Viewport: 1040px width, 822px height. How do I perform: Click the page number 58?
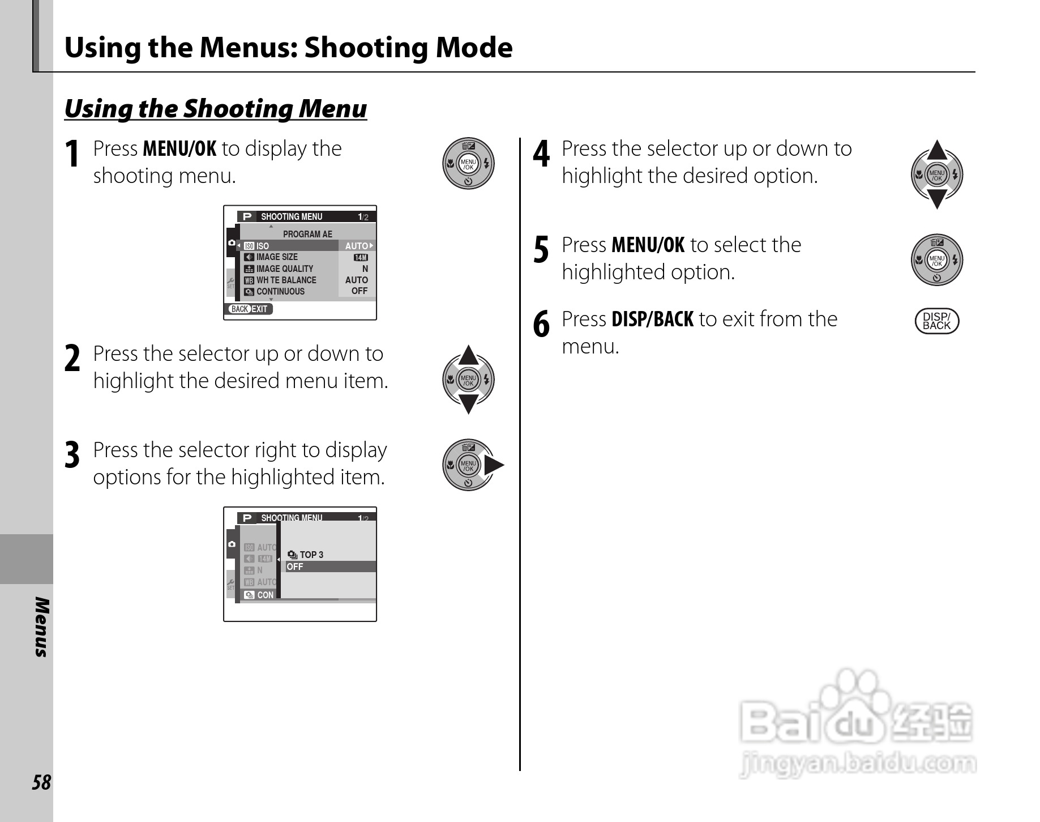[41, 782]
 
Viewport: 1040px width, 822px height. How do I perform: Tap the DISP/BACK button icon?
[936, 321]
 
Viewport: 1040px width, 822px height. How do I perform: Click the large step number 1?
[72, 154]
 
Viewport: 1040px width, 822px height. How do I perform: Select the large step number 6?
[541, 325]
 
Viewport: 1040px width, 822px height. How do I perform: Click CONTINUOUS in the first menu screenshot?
[280, 291]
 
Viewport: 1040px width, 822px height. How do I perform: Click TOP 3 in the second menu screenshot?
[311, 555]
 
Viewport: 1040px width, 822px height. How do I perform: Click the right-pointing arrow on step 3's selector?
[494, 466]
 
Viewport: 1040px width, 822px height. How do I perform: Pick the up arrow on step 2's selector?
[468, 355]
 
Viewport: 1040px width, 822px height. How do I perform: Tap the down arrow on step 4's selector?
[937, 199]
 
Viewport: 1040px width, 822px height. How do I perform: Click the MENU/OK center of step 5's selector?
[937, 261]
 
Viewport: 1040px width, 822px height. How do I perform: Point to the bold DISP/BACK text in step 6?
[652, 319]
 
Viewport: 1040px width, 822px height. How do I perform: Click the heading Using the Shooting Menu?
[216, 108]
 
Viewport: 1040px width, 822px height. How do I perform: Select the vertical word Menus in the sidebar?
[41, 627]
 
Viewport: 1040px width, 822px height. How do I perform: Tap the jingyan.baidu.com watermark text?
[857, 764]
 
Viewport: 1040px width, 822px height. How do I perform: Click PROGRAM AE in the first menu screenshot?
[307, 234]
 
